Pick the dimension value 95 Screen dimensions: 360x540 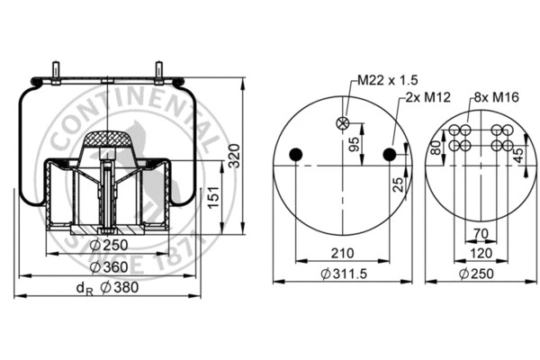click(355, 143)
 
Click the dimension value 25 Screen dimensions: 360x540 click(398, 185)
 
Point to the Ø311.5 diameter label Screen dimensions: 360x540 click(343, 274)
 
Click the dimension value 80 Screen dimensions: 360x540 click(435, 146)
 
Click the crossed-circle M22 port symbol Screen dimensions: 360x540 click(343, 124)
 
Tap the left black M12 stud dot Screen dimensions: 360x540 click(294, 156)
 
